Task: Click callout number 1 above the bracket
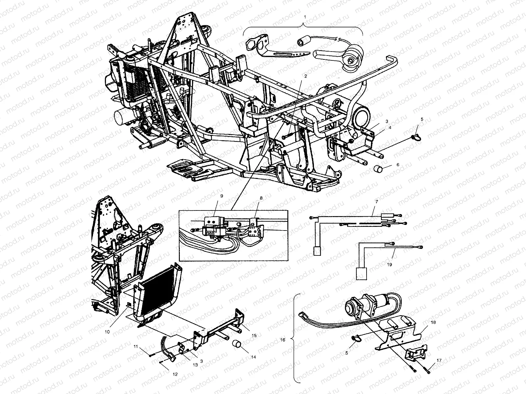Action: pos(304,16)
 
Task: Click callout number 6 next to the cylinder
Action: pos(398,165)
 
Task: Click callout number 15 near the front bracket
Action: pos(254,336)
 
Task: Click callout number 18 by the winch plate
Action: pos(434,323)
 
